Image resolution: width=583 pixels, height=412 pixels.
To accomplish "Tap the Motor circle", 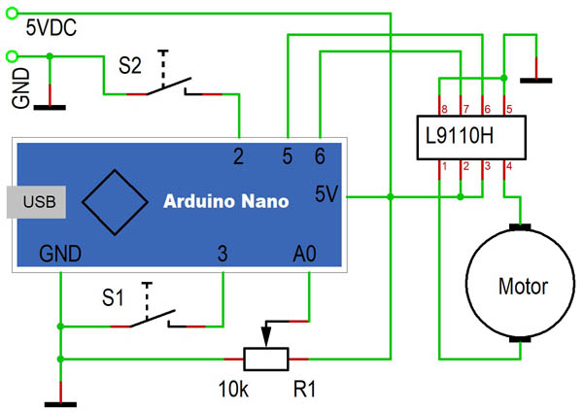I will tap(522, 286).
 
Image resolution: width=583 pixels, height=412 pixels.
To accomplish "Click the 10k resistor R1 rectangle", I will tap(266, 360).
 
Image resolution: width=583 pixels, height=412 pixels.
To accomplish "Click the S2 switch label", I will tap(129, 66).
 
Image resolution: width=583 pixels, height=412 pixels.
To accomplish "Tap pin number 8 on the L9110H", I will tap(443, 109).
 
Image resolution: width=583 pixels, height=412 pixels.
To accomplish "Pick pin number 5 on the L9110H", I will tap(508, 109).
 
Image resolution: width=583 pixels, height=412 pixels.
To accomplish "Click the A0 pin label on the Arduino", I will tap(305, 254).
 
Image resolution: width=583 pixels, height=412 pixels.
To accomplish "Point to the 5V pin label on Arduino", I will tap(326, 194).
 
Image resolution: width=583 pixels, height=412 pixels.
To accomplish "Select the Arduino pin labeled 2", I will tap(238, 154).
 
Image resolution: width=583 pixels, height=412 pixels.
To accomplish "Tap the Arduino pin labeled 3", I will tap(223, 254).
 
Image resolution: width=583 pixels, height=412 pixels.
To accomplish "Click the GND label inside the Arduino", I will tap(60, 254).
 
